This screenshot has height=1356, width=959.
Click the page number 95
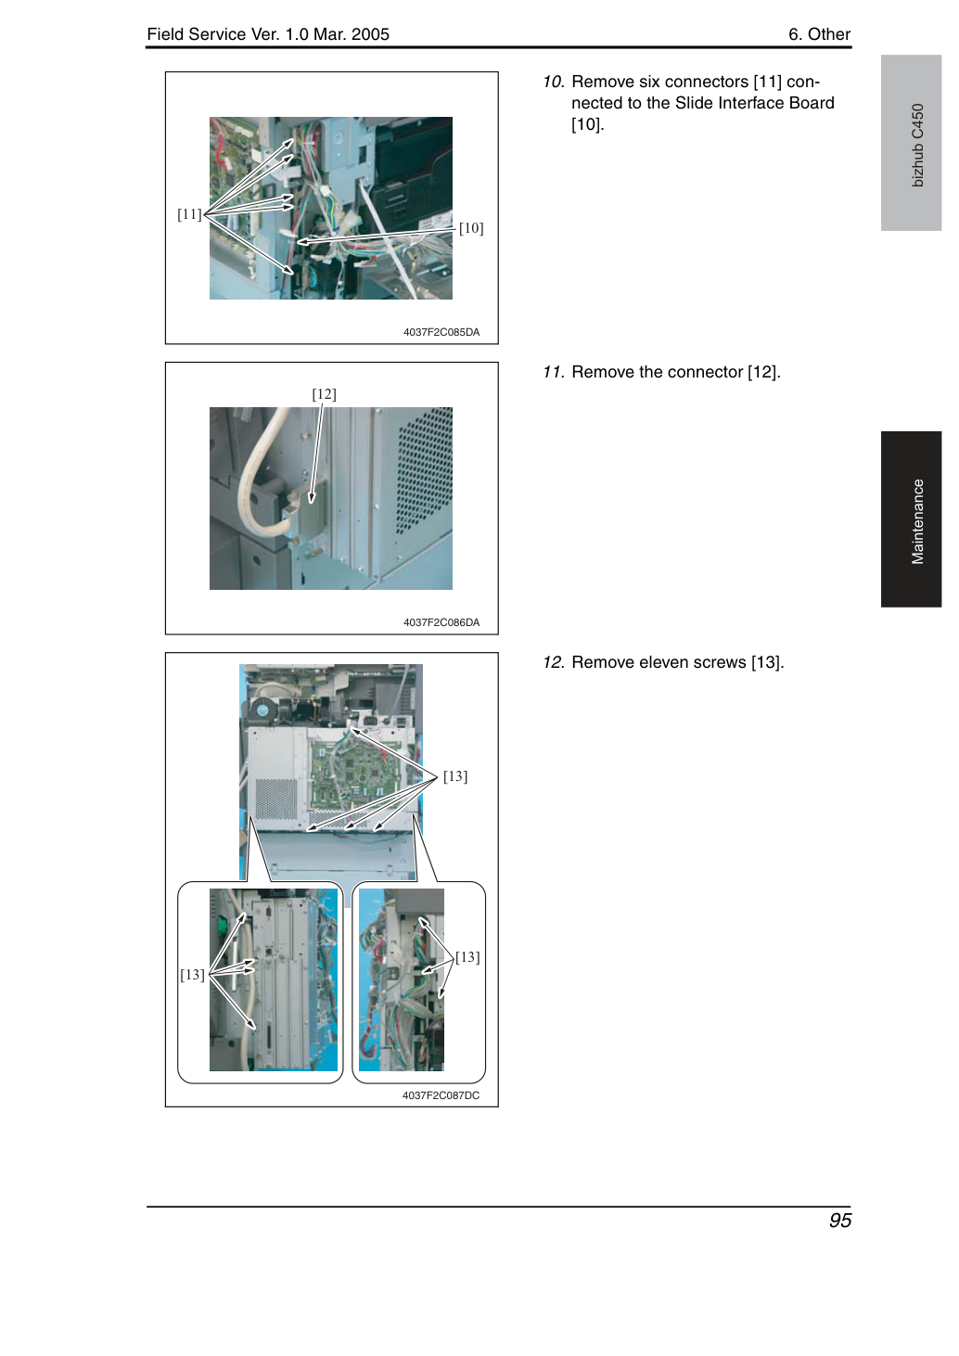coord(839,1220)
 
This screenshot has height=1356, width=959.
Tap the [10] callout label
coord(471,228)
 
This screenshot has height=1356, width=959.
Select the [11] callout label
coord(189,213)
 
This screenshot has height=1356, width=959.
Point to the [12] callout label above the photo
coord(324,394)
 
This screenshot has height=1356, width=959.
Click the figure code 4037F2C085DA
coord(441,332)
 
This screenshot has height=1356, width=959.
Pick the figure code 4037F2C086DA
coord(441,622)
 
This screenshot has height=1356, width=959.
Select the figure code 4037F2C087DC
coord(441,1095)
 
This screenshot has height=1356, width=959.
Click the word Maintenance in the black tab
coord(918,521)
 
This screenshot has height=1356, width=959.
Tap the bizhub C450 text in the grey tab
coord(918,146)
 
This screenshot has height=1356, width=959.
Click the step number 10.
coord(554,82)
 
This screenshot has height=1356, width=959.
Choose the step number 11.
coord(554,372)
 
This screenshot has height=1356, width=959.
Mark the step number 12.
coord(554,662)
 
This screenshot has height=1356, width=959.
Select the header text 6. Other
coord(819,34)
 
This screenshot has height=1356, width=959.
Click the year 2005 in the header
coord(370,34)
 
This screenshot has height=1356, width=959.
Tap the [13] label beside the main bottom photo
coord(455,776)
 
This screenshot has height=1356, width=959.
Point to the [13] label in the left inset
coord(192,975)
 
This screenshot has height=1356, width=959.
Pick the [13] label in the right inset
coord(467,957)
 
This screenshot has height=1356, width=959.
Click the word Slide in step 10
coord(692,103)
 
